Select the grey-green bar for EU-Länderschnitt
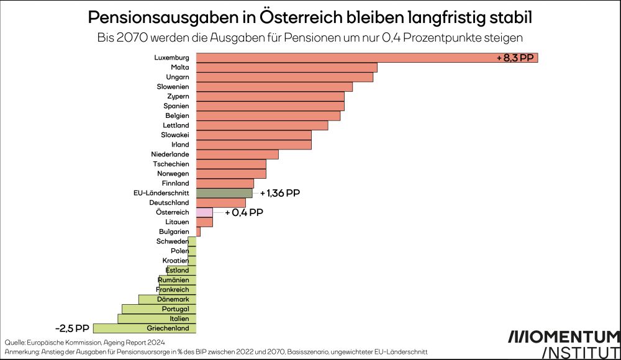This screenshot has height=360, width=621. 224,193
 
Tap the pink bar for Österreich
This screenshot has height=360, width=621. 204,212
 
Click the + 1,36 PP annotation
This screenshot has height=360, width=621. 280,193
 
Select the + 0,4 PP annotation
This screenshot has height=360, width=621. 244,212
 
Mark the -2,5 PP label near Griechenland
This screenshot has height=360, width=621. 72,328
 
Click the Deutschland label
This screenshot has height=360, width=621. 169,203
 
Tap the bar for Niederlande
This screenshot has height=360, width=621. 237,155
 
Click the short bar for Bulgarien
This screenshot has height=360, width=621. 198,232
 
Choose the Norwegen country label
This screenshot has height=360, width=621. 174,174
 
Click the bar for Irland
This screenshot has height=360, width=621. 253,145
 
